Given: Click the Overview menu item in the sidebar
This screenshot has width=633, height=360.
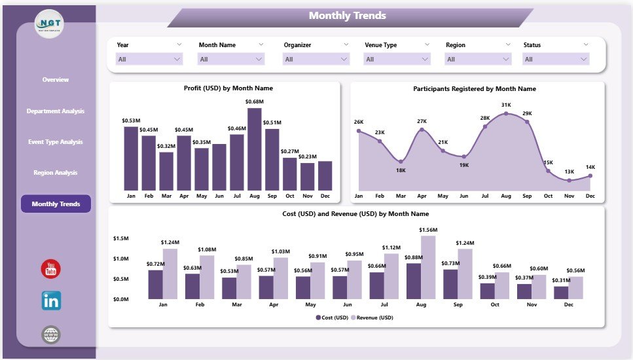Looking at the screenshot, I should [x=56, y=80].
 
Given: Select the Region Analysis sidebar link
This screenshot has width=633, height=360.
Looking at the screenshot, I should [x=56, y=173].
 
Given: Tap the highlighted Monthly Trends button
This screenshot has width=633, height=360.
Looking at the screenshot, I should [x=56, y=204].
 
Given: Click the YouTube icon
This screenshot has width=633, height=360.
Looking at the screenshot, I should [x=51, y=268].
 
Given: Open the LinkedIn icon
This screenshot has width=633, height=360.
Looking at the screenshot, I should [x=51, y=301].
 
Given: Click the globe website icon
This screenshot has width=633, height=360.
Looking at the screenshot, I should [x=51, y=335].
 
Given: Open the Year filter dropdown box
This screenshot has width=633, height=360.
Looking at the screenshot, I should [x=149, y=59].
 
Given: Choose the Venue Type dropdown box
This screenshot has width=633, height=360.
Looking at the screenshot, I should [x=395, y=59].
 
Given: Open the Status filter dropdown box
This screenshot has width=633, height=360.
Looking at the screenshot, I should [x=556, y=59].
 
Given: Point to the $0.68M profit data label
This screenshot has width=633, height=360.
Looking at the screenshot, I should [x=255, y=101].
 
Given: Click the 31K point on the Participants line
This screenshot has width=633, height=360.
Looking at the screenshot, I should [x=506, y=113].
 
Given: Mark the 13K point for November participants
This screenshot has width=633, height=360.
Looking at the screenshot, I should [x=569, y=180].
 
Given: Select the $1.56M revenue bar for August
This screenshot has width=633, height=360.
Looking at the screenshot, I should [x=428, y=267].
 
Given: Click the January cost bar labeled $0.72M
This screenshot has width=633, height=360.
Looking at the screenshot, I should [x=155, y=285].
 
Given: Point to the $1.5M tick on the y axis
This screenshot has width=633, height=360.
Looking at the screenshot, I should [x=122, y=239].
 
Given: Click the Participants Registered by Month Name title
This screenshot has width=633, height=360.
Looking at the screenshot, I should [x=475, y=88].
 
